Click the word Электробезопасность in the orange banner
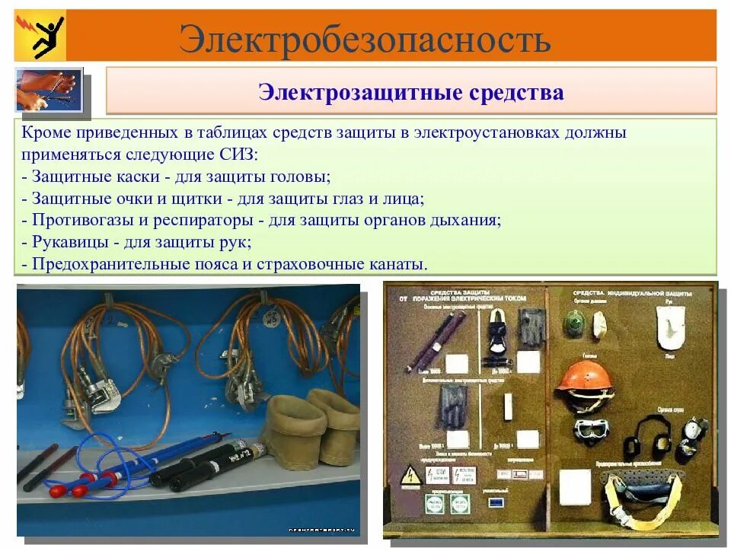[x=365, y=38]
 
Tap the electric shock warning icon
[x=40, y=37]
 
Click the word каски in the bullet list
[x=142, y=177]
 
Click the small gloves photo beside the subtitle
[x=47, y=91]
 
